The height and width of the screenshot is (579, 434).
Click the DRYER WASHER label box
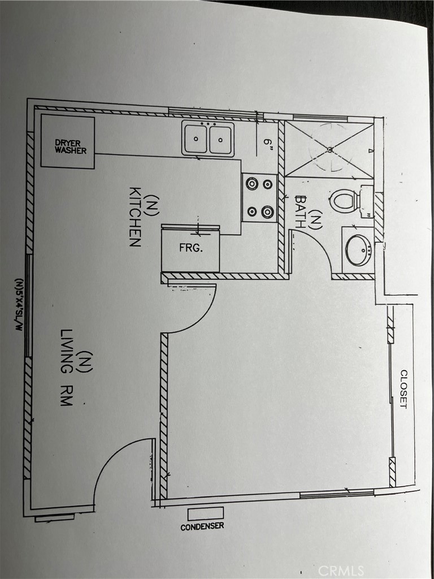(x=68, y=142)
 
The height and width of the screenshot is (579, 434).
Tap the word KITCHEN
(x=134, y=217)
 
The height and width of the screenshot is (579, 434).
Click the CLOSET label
(x=403, y=389)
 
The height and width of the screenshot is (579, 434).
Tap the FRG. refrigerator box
(x=190, y=248)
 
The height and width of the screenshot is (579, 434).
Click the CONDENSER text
(x=202, y=526)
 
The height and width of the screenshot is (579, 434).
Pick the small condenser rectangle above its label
(x=205, y=513)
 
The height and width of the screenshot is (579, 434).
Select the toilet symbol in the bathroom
(x=346, y=201)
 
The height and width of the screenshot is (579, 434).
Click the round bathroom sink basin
(x=358, y=250)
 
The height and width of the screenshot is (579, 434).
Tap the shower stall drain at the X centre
(x=329, y=150)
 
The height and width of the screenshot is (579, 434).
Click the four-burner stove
(x=259, y=197)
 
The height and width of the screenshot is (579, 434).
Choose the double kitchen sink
(x=208, y=139)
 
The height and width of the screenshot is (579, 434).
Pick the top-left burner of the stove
(x=251, y=183)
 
